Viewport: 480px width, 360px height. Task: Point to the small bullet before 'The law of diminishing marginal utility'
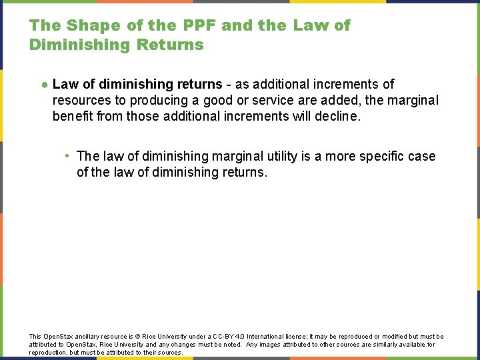(68, 156)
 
